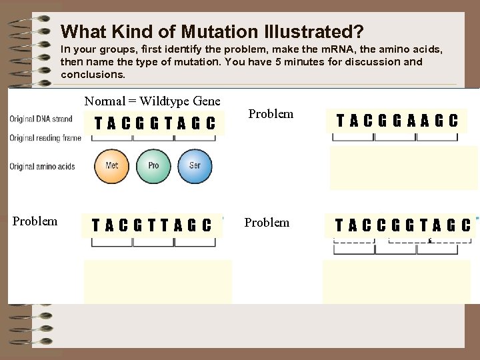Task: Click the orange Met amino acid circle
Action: click(x=111, y=166)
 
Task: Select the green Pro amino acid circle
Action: click(x=153, y=166)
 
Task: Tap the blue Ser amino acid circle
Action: click(x=194, y=166)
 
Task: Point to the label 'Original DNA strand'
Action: click(x=41, y=119)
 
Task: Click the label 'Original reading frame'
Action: click(x=45, y=138)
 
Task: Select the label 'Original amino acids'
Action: click(x=42, y=167)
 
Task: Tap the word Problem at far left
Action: click(x=35, y=221)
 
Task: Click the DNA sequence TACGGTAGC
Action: click(x=155, y=123)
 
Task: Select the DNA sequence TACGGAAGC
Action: click(x=397, y=121)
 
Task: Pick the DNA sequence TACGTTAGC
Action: click(x=151, y=226)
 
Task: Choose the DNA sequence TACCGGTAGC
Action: click(x=403, y=225)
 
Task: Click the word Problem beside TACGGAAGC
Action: click(x=271, y=114)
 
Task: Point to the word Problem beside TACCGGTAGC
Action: click(x=267, y=223)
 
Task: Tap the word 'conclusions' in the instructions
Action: click(x=92, y=75)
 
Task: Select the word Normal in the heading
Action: click(x=105, y=101)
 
